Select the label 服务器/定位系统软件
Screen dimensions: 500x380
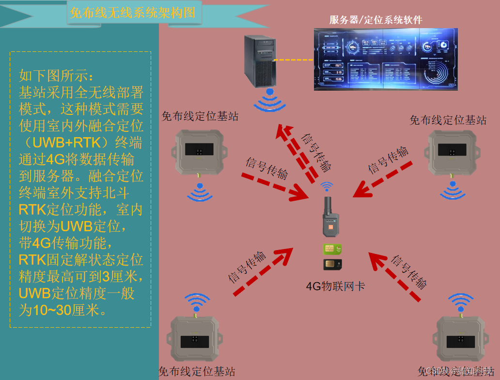pos(375,20)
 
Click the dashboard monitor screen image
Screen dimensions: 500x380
pos(385,59)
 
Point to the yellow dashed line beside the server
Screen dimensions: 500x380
pos(294,60)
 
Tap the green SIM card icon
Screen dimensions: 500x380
pos(332,249)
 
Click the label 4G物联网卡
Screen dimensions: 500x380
pos(335,286)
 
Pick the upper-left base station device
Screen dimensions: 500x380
pos(199,152)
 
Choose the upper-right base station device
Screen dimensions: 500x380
pos(453,152)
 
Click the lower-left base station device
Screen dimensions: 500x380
pos(195,339)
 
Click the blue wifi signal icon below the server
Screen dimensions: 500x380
pos(270,100)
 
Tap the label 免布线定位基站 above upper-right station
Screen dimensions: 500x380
pos(448,120)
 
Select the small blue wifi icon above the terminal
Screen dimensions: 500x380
pos(328,186)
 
